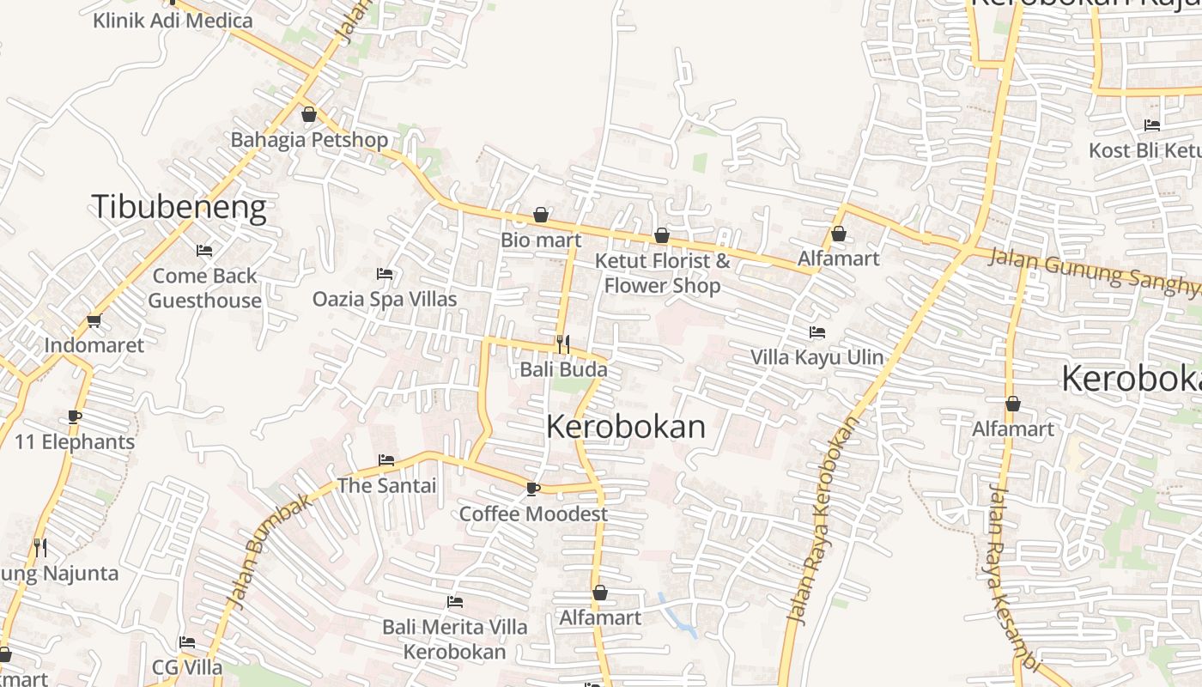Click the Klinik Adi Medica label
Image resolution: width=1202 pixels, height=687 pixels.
point(173,21)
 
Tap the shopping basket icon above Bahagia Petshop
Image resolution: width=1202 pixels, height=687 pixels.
point(309,114)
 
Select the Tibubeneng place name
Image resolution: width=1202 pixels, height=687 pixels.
point(179,208)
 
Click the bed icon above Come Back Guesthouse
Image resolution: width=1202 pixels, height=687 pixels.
point(204,251)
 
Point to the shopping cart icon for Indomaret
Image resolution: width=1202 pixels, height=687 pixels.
point(94,321)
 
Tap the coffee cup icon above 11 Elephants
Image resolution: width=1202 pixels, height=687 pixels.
point(75,417)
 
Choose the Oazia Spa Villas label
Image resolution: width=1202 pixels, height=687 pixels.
point(384,299)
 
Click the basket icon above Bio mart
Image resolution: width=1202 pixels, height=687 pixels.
point(541,215)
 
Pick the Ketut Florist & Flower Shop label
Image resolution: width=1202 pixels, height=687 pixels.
point(663,272)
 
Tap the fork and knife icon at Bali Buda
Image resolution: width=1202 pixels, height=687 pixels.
point(563,344)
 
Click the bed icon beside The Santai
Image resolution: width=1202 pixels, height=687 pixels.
point(386,460)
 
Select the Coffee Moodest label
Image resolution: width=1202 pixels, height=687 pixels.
point(533,514)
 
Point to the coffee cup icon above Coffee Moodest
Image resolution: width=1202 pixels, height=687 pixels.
point(532,489)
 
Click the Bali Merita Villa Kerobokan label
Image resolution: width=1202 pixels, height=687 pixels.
point(455,639)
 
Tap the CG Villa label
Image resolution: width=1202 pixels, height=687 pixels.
point(187,667)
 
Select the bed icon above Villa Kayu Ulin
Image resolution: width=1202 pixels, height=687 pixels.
point(817,332)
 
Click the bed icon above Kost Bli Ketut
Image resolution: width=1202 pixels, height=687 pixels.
point(1152,125)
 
